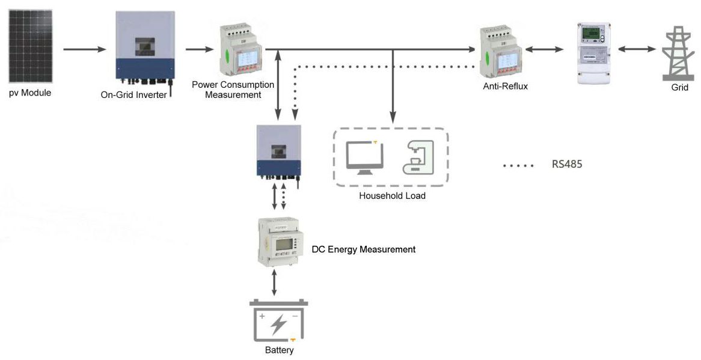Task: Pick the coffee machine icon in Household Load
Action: point(417,157)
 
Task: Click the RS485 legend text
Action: point(567,164)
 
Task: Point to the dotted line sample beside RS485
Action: point(518,165)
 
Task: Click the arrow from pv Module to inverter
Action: point(84,49)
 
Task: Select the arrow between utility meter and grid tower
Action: point(637,49)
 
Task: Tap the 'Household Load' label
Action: point(392,196)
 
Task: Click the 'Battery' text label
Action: point(279,350)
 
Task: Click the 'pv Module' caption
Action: point(30,93)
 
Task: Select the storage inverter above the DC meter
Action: point(278,150)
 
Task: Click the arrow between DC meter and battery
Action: point(275,283)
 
